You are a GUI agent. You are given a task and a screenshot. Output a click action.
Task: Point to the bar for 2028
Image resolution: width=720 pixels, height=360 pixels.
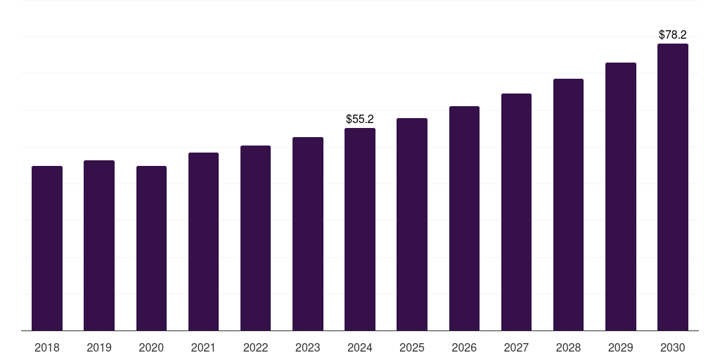pyautogui.click(x=568, y=205)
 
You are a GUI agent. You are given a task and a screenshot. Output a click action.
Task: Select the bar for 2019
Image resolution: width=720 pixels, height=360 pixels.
pyautogui.click(x=99, y=245)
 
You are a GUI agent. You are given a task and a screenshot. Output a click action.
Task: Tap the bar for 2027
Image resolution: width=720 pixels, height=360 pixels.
pyautogui.click(x=516, y=212)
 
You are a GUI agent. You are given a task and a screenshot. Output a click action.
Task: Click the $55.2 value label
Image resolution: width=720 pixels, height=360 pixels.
pyautogui.click(x=360, y=120)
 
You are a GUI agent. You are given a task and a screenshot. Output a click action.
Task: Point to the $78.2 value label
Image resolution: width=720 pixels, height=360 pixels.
pyautogui.click(x=673, y=34)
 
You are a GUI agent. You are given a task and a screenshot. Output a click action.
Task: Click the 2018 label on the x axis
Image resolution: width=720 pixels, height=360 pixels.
pyautogui.click(x=47, y=347)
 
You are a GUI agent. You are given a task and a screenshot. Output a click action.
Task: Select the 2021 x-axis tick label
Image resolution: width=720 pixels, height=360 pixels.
pyautogui.click(x=203, y=347)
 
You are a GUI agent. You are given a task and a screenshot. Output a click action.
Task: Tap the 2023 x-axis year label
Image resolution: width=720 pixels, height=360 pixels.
pyautogui.click(x=308, y=347)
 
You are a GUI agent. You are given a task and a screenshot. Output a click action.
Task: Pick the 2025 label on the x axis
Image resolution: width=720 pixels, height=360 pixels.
pyautogui.click(x=412, y=347)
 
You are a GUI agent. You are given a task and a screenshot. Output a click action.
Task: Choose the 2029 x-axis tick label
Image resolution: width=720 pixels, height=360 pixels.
pyautogui.click(x=621, y=347)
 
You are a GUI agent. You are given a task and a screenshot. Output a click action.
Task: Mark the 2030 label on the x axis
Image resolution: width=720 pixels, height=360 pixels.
pyautogui.click(x=673, y=347)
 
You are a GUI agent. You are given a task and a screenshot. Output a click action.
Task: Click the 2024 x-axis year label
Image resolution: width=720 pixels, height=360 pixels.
pyautogui.click(x=360, y=347)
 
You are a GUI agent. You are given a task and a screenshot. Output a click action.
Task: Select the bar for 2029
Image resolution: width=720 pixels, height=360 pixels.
pyautogui.click(x=621, y=196)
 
